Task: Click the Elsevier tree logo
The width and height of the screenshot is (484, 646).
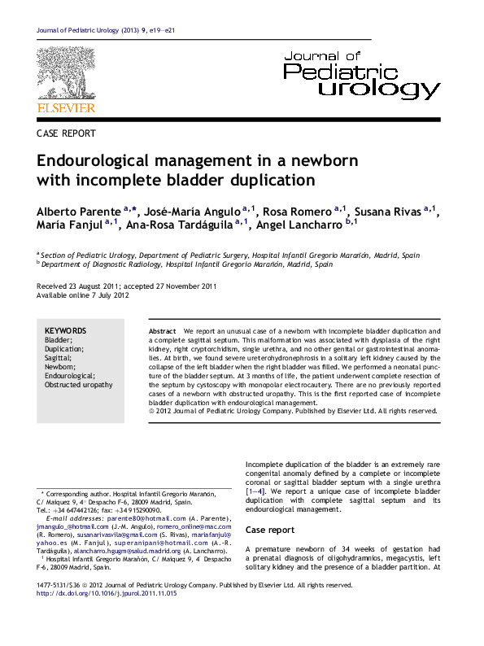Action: [x=66, y=73]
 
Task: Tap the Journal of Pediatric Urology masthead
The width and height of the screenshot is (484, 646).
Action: [x=361, y=74]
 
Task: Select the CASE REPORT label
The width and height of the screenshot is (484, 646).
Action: [x=67, y=133]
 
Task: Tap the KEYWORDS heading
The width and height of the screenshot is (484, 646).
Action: [x=65, y=331]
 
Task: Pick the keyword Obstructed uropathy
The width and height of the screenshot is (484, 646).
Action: [x=79, y=385]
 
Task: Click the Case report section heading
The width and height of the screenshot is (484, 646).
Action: [x=270, y=530]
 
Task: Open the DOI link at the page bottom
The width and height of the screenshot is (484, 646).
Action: [x=107, y=594]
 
